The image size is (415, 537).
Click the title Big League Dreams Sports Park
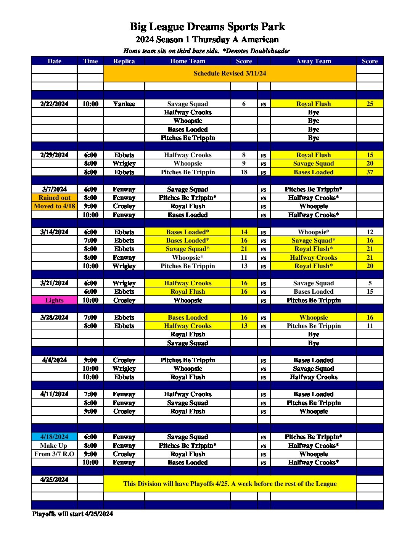(x=207, y=27)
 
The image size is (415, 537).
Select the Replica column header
(x=124, y=61)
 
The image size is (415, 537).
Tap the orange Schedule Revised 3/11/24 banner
(x=230, y=73)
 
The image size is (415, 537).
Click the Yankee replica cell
(x=124, y=104)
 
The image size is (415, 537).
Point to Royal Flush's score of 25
(x=370, y=104)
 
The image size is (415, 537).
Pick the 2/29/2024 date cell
(x=54, y=155)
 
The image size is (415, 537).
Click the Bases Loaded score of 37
(x=370, y=172)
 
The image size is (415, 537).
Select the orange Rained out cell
(x=54, y=198)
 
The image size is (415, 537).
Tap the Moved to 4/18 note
(x=54, y=206)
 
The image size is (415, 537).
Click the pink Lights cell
(x=54, y=300)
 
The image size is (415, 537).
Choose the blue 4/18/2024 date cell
(x=54, y=437)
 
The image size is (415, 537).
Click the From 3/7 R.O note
(x=54, y=454)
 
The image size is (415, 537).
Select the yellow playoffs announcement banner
(x=230, y=484)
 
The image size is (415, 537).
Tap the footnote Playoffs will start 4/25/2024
(x=72, y=514)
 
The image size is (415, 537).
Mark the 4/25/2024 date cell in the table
(x=54, y=479)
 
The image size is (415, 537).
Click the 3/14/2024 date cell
(x=54, y=232)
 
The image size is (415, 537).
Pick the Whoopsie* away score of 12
(x=370, y=232)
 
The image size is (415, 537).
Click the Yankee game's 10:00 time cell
(x=90, y=104)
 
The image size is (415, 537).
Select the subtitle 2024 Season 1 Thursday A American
(x=207, y=39)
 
